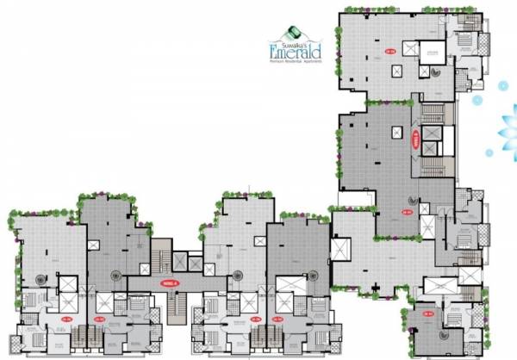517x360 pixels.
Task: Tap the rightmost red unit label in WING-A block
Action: [x=277, y=319]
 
